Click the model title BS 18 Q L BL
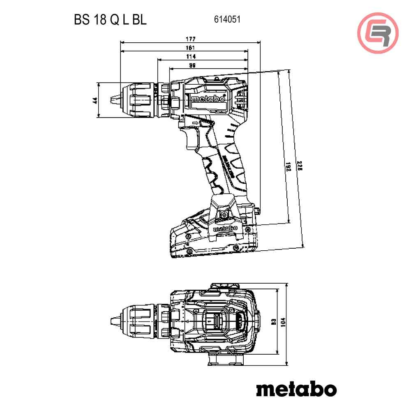tap(110, 20)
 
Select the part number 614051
tap(227, 19)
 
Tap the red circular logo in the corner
tap(378, 33)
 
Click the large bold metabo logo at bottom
tap(296, 388)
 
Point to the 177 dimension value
tap(190, 39)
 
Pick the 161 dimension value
tap(190, 48)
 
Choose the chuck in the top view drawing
tap(142, 321)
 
